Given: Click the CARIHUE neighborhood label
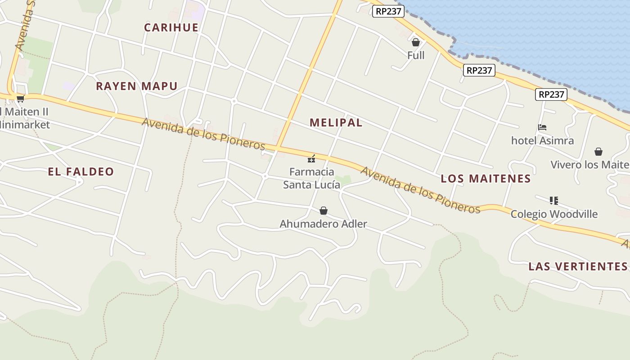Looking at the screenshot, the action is [171, 27].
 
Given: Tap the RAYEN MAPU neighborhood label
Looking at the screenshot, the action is [137, 86].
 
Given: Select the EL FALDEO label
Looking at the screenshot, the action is [81, 171].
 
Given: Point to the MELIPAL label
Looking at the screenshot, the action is [336, 122].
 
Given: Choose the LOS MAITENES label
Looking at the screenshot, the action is [486, 179].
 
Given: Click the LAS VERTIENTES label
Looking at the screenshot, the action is [578, 266].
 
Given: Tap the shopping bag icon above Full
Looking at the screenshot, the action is [416, 42].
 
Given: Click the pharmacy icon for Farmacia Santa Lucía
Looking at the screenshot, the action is [311, 159].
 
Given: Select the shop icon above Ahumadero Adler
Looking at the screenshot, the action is [323, 210].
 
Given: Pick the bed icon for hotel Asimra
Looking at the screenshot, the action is [542, 128].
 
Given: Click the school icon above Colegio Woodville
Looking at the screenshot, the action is [553, 200].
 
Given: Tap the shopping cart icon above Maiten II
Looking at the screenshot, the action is [20, 99].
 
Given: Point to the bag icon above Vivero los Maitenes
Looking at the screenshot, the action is [598, 152].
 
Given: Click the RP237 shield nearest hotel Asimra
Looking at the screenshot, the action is [551, 94].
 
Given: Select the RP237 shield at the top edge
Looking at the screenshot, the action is [388, 11].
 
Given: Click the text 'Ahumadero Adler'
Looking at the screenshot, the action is [323, 224].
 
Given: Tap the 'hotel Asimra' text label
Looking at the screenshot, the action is [542, 141].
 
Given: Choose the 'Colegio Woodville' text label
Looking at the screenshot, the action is [553, 214].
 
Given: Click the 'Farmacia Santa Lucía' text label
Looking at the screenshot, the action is [311, 178].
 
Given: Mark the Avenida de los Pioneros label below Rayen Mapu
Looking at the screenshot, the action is [203, 134].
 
